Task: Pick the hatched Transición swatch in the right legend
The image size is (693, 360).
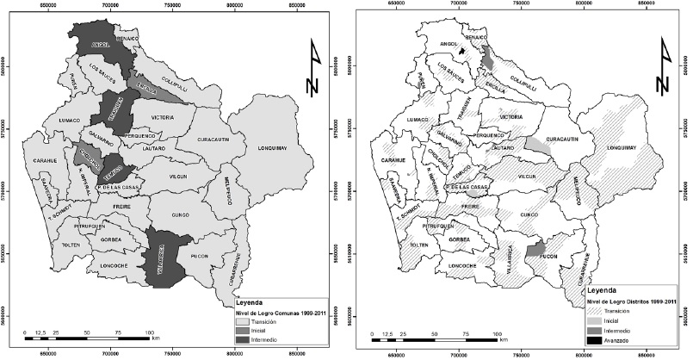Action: pyautogui.click(x=587, y=308)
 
